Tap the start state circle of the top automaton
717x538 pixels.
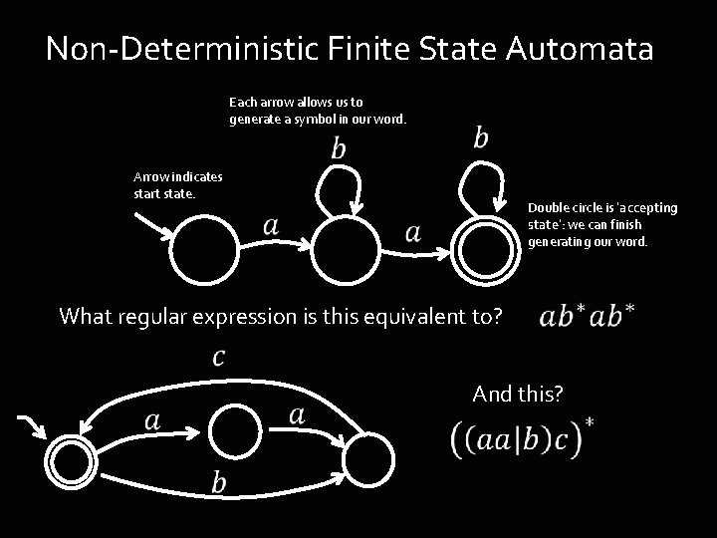[x=204, y=249]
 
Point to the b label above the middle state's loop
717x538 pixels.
[x=339, y=148]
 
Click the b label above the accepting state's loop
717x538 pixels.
[x=481, y=136]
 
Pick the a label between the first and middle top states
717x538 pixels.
[x=271, y=227]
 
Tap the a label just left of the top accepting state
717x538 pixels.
[x=413, y=233]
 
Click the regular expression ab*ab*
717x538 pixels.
[x=587, y=316]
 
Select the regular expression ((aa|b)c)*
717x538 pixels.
[x=523, y=438]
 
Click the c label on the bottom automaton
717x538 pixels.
[x=219, y=357]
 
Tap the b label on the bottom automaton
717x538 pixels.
[x=219, y=482]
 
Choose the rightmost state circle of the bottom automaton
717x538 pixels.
[x=368, y=460]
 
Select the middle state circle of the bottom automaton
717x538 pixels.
[x=235, y=430]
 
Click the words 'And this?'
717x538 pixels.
[x=518, y=394]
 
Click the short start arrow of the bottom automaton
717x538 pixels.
[x=32, y=427]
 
